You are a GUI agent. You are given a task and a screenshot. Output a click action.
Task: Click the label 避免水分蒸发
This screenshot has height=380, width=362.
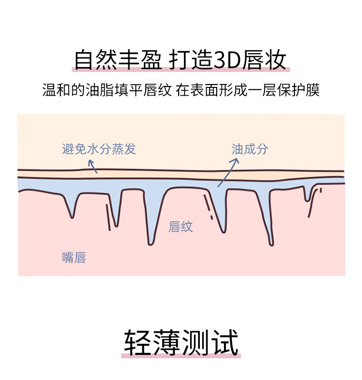99,149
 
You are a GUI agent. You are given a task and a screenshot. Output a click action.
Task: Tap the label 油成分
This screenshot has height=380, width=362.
250,149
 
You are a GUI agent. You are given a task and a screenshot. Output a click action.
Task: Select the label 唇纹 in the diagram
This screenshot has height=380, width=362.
181,226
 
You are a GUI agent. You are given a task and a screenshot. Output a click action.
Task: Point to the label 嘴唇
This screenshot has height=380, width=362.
74,257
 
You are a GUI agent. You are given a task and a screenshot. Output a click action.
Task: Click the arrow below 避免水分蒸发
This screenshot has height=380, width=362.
93,166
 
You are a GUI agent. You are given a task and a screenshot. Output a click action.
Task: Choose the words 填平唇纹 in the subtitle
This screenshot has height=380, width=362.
149,90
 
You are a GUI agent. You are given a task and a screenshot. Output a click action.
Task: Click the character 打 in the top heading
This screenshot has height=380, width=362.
180,61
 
